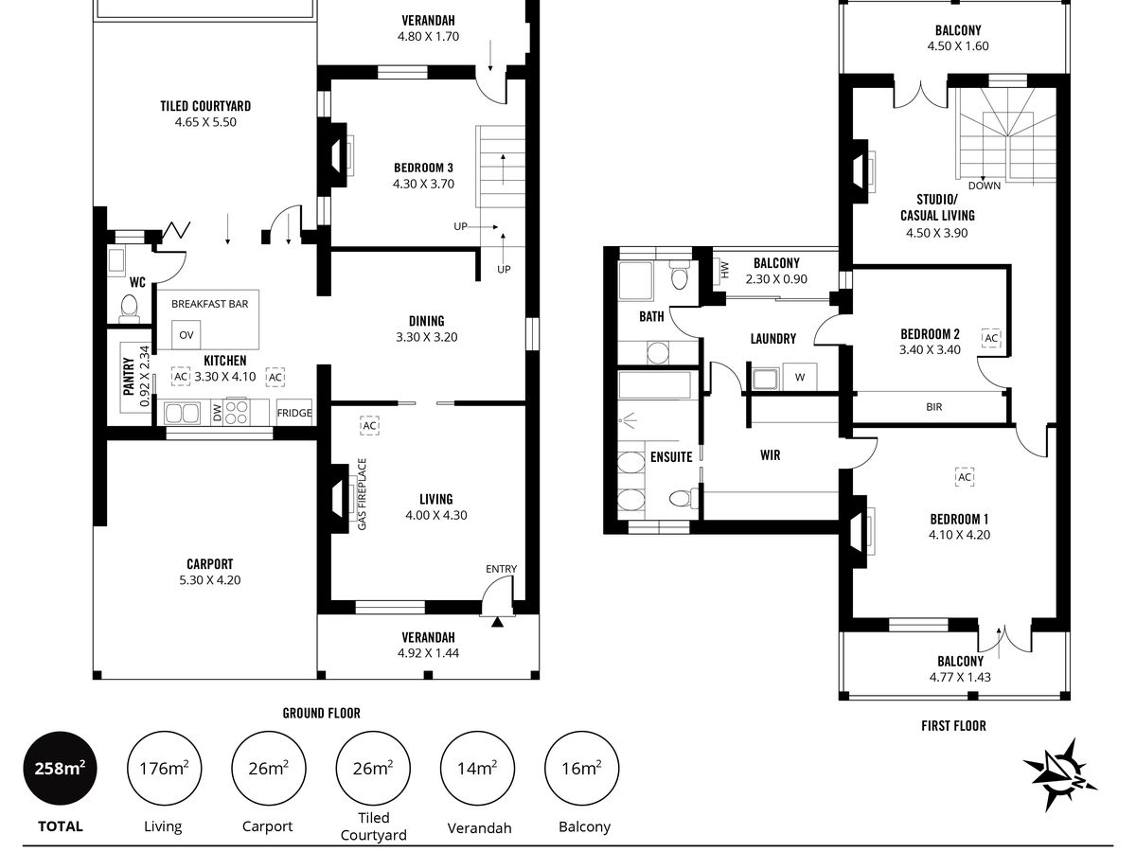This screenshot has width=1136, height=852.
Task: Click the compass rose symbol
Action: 1059,773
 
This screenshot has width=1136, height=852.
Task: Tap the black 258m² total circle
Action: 60,768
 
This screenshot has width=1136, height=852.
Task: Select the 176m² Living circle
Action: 164,768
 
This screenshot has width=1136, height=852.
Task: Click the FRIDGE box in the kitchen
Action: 294,413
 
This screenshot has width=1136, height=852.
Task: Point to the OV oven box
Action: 186,335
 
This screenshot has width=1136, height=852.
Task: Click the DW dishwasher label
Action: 218,413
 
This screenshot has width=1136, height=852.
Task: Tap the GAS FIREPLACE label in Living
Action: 362,494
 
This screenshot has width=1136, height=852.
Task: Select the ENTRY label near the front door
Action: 501,569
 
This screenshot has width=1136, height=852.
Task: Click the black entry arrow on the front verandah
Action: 497,622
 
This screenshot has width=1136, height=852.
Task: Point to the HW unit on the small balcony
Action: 724,269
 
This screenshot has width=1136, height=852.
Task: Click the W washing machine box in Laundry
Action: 800,377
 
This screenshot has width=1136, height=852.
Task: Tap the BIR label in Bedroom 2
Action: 933,407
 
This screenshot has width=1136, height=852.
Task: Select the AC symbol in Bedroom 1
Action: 964,476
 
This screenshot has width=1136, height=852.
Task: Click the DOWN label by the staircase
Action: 984,186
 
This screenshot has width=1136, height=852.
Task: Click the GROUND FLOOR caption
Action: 321,713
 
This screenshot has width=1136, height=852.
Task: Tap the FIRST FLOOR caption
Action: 953,726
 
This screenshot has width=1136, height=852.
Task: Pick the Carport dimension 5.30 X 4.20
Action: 209,580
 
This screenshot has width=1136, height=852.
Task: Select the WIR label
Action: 770,455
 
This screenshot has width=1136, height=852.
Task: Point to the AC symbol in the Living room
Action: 369,426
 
